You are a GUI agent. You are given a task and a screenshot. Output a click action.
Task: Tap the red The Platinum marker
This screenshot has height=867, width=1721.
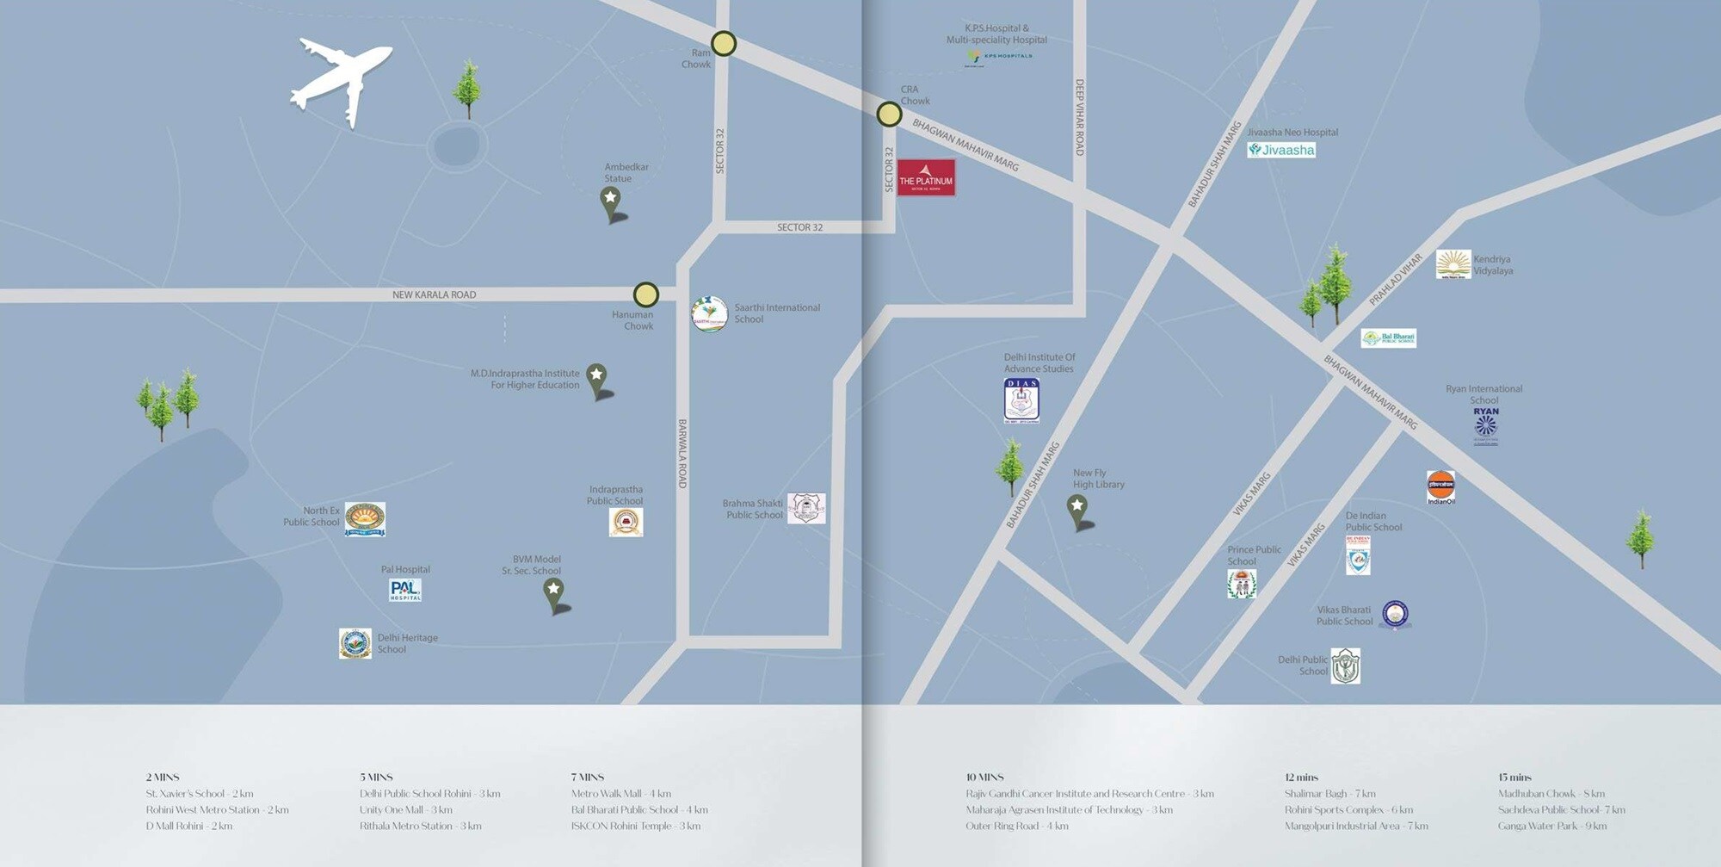(926, 177)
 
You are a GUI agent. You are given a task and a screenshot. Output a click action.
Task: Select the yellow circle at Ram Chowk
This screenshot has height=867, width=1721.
(724, 44)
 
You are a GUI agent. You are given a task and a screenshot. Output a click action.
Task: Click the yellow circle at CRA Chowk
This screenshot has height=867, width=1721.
(889, 115)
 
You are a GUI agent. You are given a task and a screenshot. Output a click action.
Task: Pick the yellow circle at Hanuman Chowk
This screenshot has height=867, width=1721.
(646, 294)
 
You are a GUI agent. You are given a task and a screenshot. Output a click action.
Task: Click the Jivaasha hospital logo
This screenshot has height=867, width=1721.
(1281, 150)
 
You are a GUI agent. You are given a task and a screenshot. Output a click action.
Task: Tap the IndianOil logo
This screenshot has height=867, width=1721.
(1440, 487)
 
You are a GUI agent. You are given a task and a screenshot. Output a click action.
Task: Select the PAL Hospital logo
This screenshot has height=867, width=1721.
(405, 590)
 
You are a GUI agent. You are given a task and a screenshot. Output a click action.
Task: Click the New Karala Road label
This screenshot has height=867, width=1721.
(434, 294)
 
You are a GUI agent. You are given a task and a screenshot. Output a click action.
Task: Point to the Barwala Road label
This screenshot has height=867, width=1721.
(682, 454)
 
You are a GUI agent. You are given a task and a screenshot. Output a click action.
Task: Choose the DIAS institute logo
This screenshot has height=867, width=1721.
(1021, 400)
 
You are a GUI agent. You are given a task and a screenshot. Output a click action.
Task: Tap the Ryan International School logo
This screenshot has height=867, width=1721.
(1485, 425)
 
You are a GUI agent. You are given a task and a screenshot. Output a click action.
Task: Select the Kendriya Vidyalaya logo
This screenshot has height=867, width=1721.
(1453, 264)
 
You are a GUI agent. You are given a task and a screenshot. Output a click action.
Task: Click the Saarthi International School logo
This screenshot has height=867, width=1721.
(710, 314)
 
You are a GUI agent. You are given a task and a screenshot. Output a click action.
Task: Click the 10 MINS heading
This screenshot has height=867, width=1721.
(984, 777)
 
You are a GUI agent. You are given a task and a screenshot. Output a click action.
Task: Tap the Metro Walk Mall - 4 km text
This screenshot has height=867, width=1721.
(620, 794)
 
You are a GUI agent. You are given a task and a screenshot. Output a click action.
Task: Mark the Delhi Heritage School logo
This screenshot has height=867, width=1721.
(355, 643)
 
